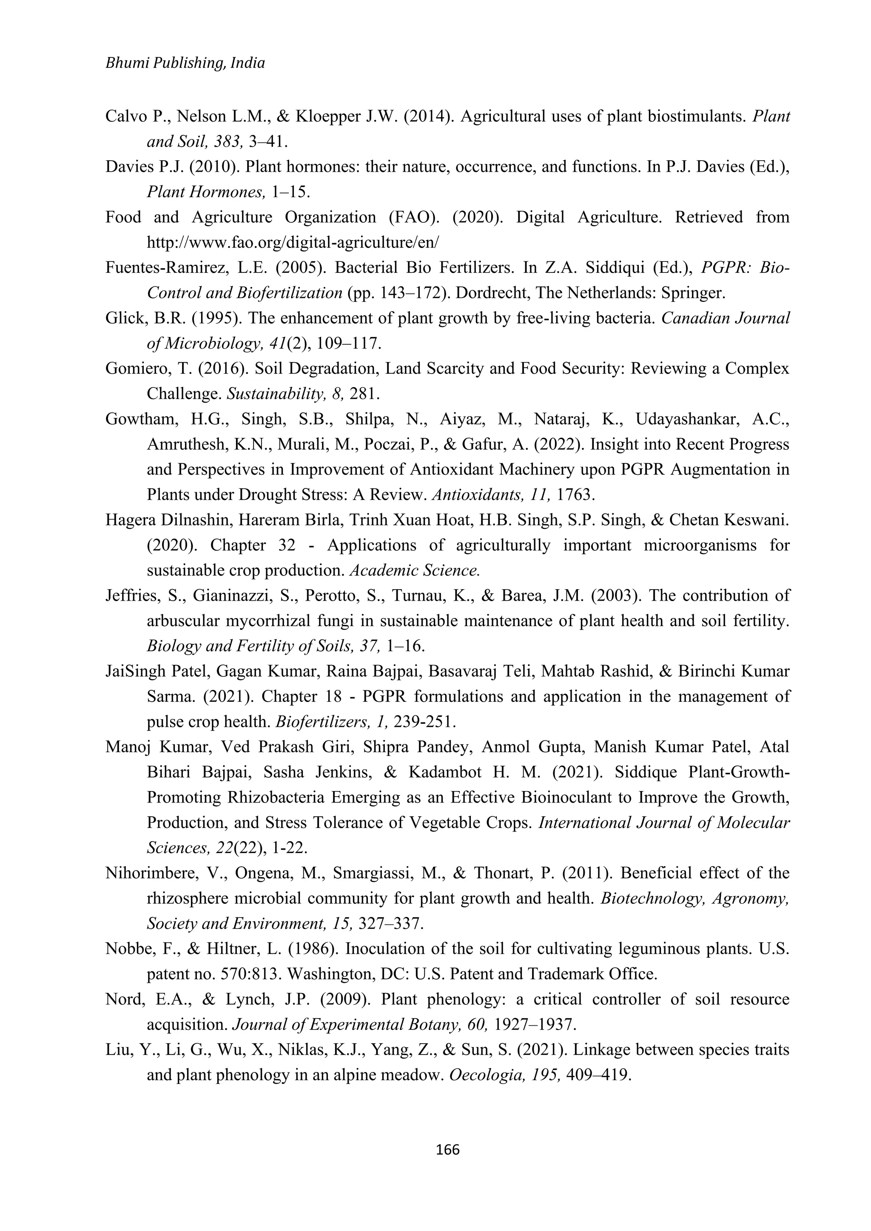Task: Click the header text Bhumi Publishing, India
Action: (185, 63)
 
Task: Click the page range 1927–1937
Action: (534, 1024)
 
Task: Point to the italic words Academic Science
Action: (414, 570)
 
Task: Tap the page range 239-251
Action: (425, 722)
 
